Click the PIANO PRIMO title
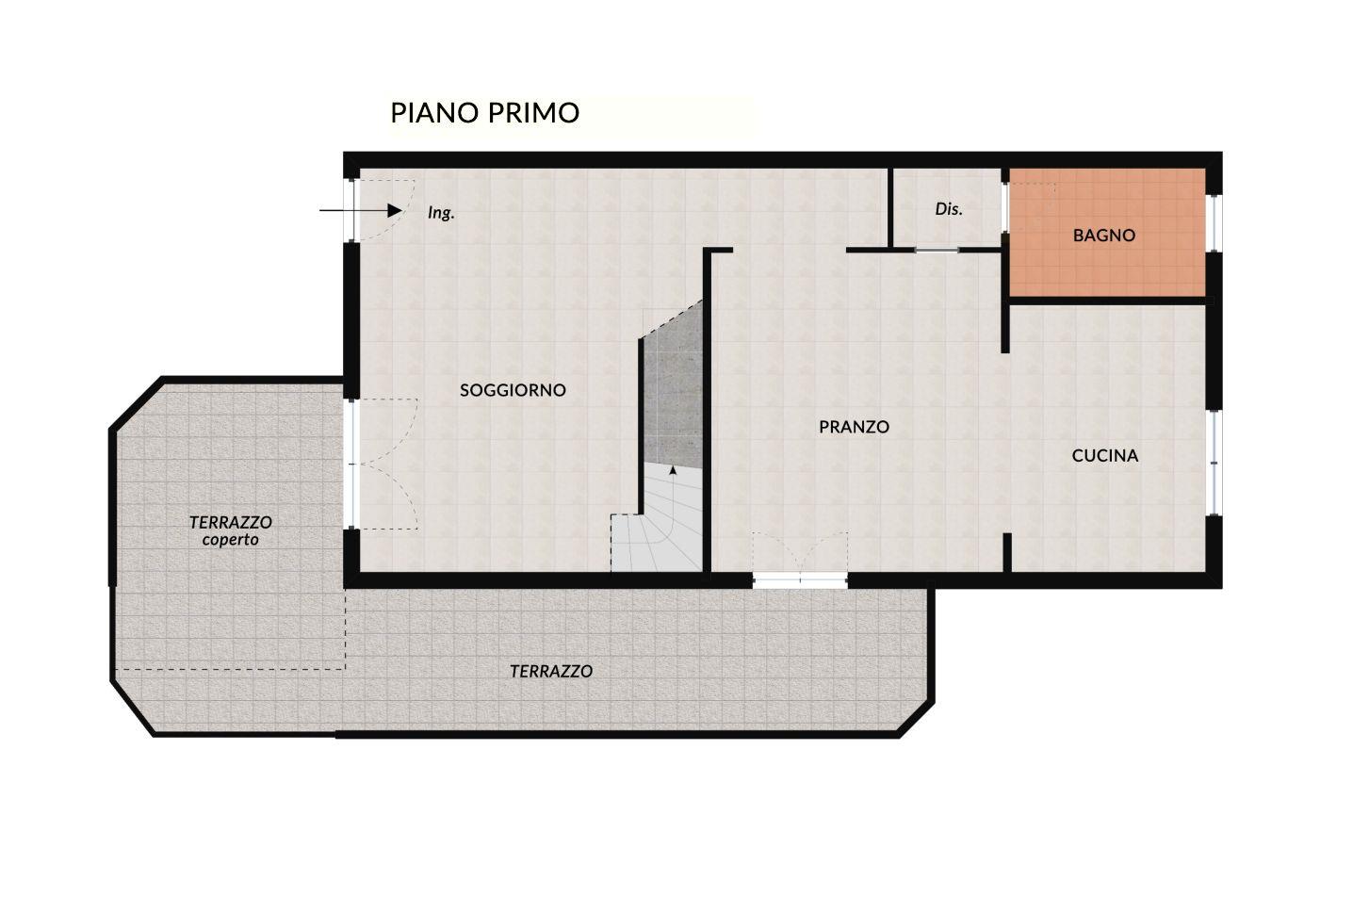tap(484, 112)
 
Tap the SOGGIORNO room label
tap(513, 390)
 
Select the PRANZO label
tap(854, 427)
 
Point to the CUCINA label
tap(1105, 455)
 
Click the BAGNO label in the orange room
tap(1104, 235)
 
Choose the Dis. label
tap(948, 209)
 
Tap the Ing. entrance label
tap(441, 213)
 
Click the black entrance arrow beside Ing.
tap(361, 210)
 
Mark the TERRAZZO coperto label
tap(231, 530)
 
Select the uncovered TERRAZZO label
tap(551, 671)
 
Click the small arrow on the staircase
tap(673, 470)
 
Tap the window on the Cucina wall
tap(1214, 463)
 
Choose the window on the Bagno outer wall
tap(1214, 223)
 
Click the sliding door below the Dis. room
tap(937, 250)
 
